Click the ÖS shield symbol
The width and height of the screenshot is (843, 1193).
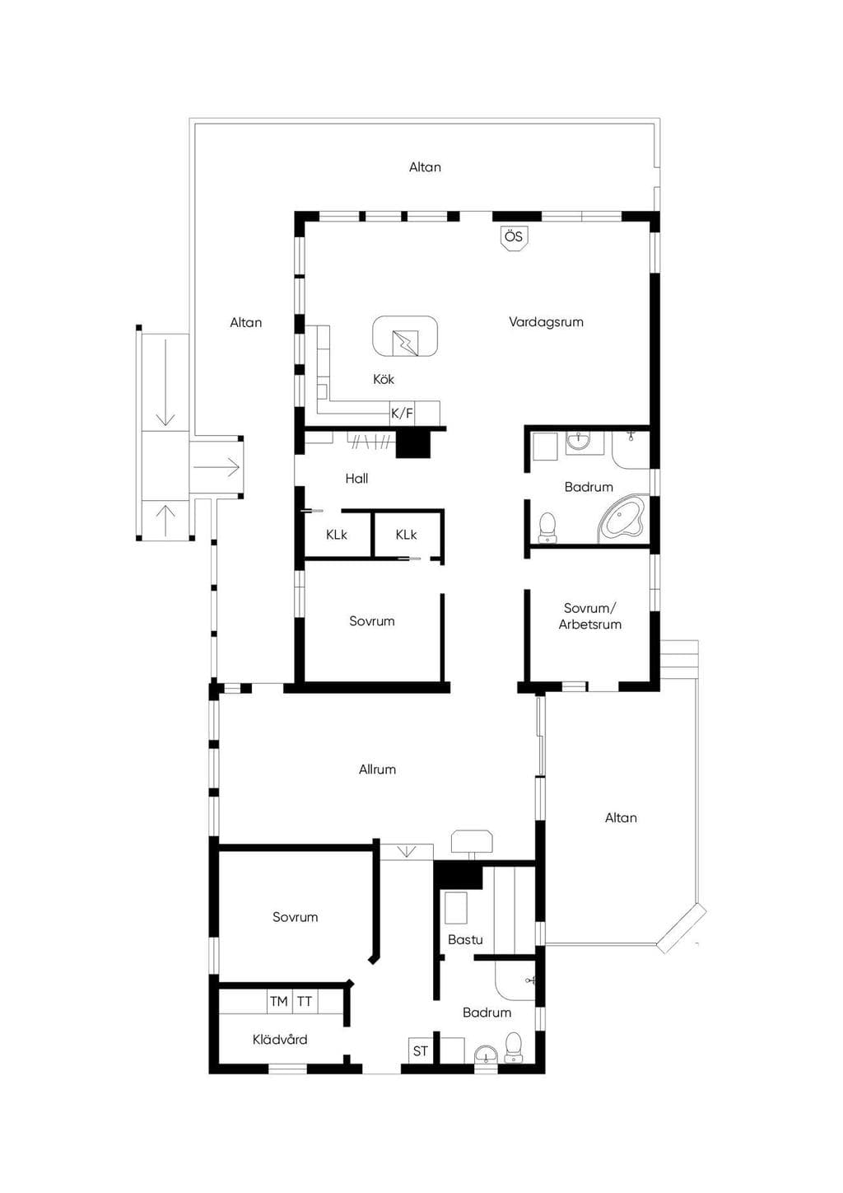[x=514, y=237]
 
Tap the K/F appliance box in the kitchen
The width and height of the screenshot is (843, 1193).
[x=403, y=413]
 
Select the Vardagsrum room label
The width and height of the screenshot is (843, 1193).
[x=546, y=321]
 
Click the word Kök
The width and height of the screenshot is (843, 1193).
[x=384, y=379]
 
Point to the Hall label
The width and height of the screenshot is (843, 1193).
[x=356, y=478]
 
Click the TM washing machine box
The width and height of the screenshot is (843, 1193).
[x=279, y=1002]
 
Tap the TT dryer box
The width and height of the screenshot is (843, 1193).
[x=305, y=1002]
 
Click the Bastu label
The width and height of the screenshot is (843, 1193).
[x=465, y=939]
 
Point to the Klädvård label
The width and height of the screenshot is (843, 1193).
[x=280, y=1039]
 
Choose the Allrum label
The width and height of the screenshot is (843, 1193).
[x=377, y=769]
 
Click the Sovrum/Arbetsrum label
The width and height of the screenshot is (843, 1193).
[x=589, y=616]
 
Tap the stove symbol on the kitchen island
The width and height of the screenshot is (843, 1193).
[x=405, y=343]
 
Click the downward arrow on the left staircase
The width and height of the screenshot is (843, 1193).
[x=165, y=382]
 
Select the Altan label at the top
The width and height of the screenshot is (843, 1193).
[x=425, y=167]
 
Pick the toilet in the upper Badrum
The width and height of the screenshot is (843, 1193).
[x=547, y=527]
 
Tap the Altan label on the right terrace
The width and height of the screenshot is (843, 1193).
[x=621, y=817]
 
